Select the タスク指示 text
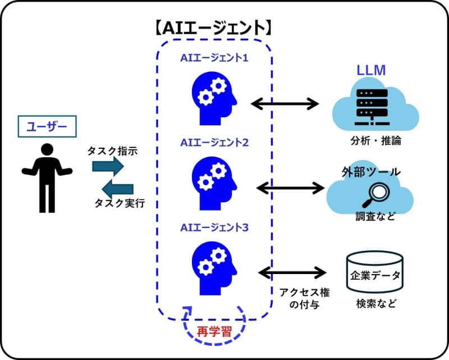click(x=112, y=151)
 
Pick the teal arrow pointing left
click(x=117, y=187)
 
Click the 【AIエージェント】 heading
click(x=214, y=26)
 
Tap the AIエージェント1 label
click(x=214, y=58)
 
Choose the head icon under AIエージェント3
click(x=214, y=265)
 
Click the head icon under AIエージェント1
click(x=214, y=95)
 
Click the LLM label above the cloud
click(x=370, y=71)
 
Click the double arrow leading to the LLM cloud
click(x=285, y=103)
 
